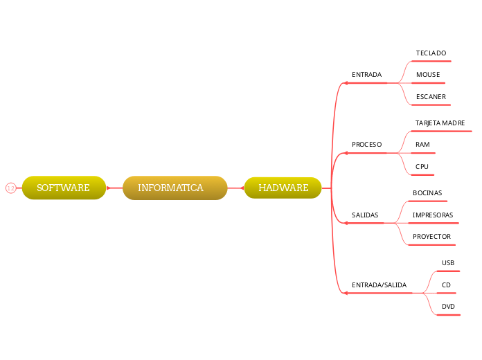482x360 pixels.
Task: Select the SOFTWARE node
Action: (x=64, y=188)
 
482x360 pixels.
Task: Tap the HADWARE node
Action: (x=283, y=188)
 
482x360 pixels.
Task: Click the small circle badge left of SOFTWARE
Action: (x=10, y=188)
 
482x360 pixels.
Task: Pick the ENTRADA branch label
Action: (x=366, y=75)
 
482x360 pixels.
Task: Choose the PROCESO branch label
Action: (x=366, y=145)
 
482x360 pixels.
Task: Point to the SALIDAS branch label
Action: (x=365, y=215)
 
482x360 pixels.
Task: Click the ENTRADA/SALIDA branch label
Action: (x=379, y=285)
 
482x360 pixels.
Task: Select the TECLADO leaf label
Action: (x=431, y=53)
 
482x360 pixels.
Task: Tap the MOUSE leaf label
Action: (x=427, y=75)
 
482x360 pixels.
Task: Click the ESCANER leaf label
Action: (x=431, y=97)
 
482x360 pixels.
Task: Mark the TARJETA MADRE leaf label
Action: (x=440, y=123)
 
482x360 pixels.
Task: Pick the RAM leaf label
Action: (x=422, y=145)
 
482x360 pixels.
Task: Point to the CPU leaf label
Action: (x=422, y=167)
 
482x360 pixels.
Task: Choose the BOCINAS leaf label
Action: (x=427, y=193)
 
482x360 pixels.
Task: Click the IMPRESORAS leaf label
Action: (x=433, y=215)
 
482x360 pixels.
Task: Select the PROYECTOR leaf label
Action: (x=431, y=237)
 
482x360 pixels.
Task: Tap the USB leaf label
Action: (x=448, y=263)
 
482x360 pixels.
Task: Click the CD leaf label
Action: (x=446, y=285)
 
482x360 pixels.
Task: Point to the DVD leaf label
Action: (x=448, y=307)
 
